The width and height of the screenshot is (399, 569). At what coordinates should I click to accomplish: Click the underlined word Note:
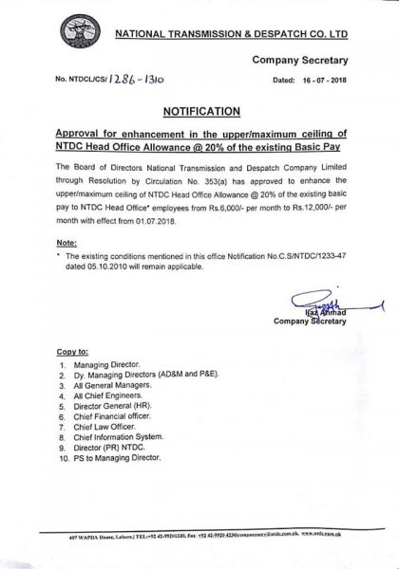pos(67,242)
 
